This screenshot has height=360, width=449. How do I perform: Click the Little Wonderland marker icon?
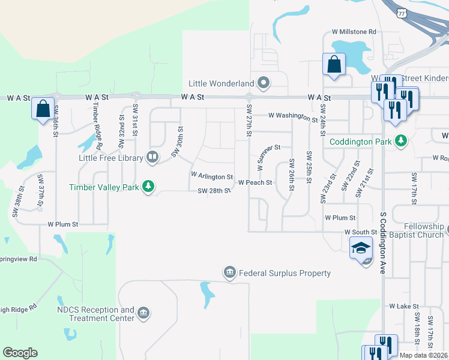(263, 82)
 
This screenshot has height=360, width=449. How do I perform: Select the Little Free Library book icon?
(152, 158)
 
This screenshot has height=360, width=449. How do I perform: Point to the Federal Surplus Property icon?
(229, 273)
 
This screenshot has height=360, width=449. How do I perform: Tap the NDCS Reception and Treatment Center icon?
(143, 313)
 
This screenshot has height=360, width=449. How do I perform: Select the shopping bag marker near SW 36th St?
(43, 109)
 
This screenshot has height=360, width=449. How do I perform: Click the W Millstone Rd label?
(354, 31)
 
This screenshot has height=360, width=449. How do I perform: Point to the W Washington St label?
(293, 115)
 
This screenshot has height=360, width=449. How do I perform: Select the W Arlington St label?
(211, 176)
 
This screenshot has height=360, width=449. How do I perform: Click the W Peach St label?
(255, 182)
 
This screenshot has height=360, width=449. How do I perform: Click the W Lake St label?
(403, 306)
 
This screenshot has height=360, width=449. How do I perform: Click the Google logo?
(20, 353)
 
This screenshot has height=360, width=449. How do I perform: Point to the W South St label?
(360, 232)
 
